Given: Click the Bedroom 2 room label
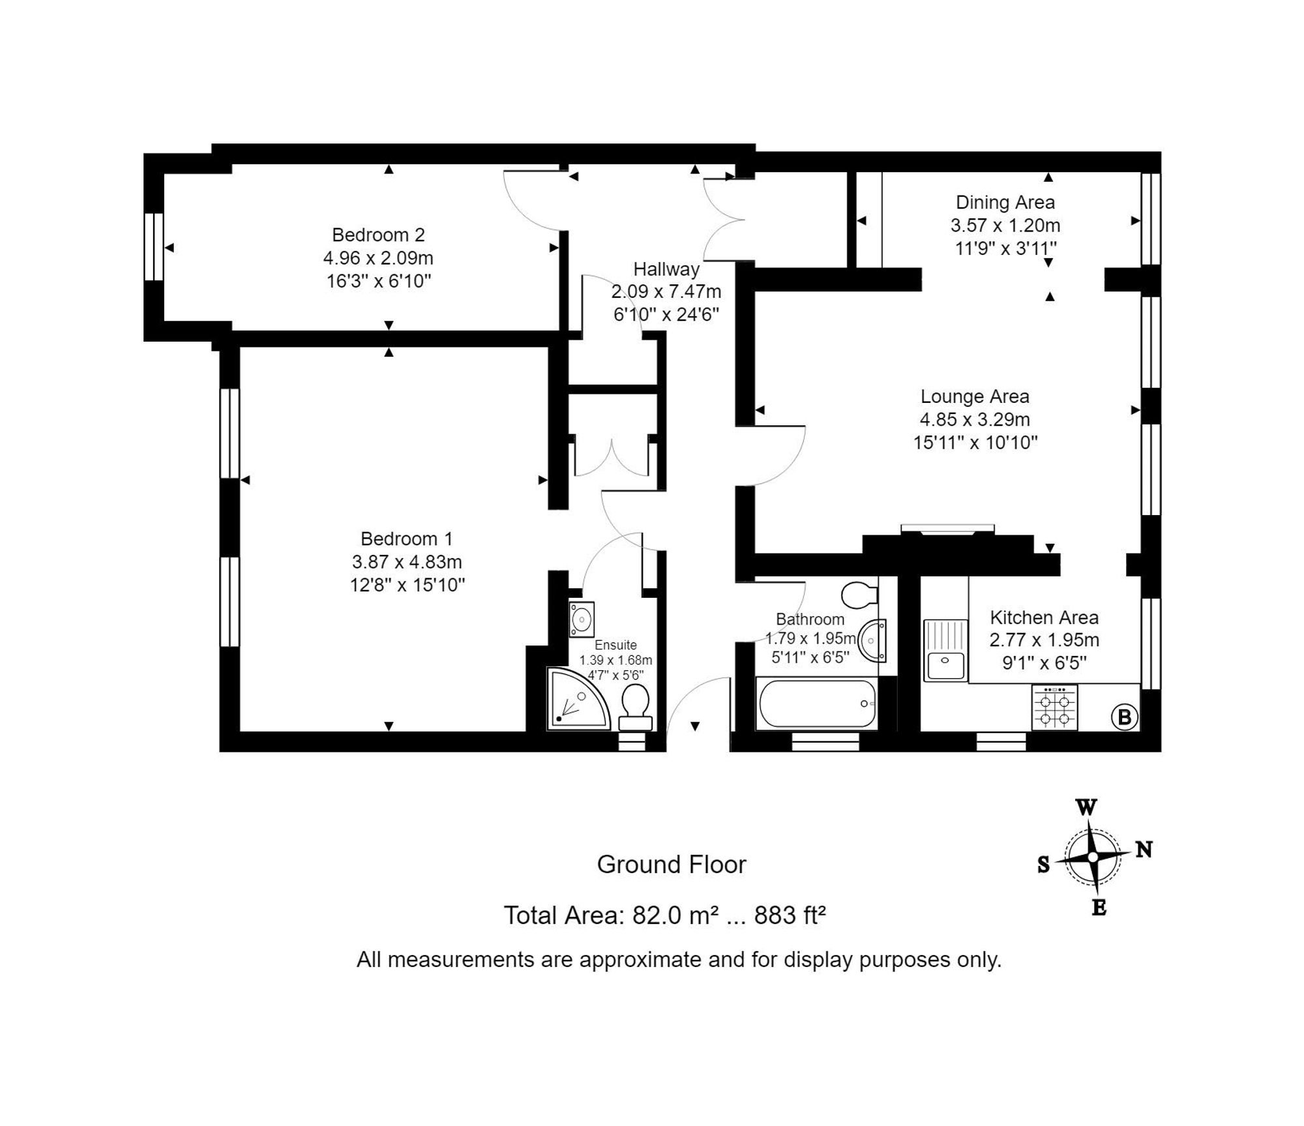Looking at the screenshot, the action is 378,235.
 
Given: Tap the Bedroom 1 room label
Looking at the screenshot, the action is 406,539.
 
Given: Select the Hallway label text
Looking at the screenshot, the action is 666,269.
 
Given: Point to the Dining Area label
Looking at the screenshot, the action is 1005,202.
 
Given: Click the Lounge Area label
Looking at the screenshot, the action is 975,396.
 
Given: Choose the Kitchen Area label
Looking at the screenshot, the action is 1045,617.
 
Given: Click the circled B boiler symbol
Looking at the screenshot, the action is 1124,717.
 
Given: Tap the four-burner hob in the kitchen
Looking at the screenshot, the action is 1054,707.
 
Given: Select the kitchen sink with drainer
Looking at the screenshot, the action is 945,650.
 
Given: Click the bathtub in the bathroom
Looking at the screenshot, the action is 817,704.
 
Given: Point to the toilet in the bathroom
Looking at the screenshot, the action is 859,595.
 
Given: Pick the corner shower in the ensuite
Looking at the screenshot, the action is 578,698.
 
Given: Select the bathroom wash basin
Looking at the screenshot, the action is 872,640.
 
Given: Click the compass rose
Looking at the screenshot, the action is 1093,857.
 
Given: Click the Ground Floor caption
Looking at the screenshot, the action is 672,865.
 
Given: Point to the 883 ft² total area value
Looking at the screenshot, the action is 790,915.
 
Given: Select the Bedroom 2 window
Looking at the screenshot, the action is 154,246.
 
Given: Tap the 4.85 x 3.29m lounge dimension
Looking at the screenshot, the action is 975,419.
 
